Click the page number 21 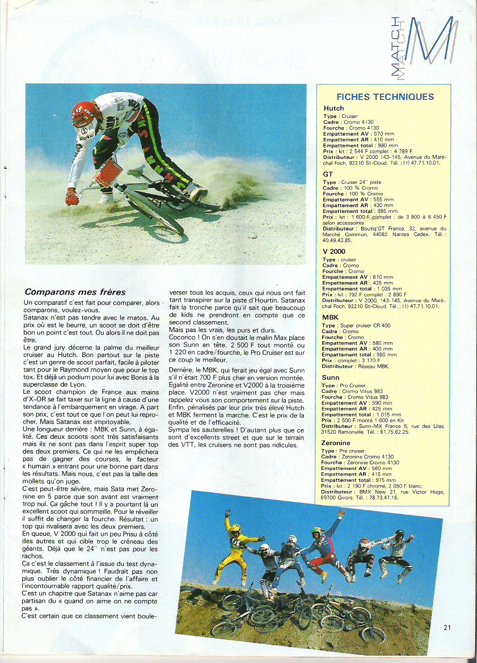pos(447,627)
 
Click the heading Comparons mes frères pos(75,292)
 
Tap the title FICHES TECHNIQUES pos(385,97)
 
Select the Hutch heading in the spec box pos(334,108)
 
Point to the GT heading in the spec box pos(328,174)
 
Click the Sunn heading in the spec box pos(331,377)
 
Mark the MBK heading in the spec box pos(330,317)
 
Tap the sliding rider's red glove pos(72,196)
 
